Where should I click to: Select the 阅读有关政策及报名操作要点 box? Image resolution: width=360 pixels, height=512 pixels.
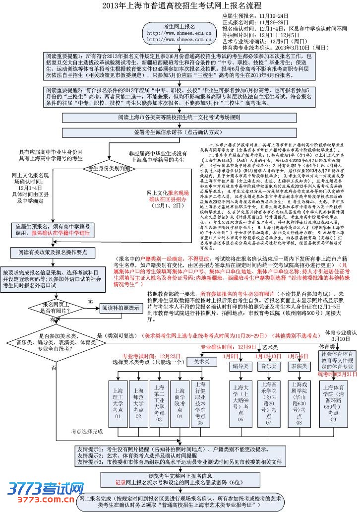click(x=53, y=253)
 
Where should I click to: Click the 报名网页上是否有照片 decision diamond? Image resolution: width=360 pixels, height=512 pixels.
click(x=56, y=307)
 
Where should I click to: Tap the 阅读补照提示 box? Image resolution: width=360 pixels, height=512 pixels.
click(x=120, y=308)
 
